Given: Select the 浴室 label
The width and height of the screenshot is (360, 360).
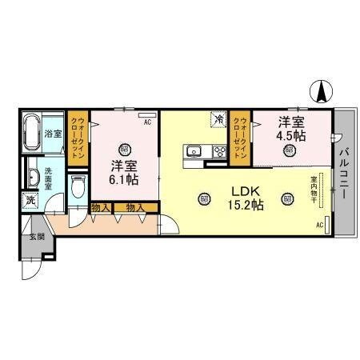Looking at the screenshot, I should pyautogui.click(x=54, y=134).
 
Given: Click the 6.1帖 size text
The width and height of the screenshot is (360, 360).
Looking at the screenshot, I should pyautogui.click(x=124, y=179).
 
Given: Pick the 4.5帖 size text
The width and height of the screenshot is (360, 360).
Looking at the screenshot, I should pyautogui.click(x=291, y=136).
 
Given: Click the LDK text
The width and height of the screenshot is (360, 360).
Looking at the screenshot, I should pyautogui.click(x=246, y=191).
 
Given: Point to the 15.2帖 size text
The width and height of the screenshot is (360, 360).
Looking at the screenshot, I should pyautogui.click(x=246, y=206).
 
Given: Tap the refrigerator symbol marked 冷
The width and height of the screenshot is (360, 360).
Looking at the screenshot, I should pyautogui.click(x=218, y=119).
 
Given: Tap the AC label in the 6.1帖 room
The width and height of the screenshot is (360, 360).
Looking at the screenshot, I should pyautogui.click(x=147, y=122).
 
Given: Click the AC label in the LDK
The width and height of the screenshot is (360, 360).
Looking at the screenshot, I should pyautogui.click(x=319, y=226).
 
